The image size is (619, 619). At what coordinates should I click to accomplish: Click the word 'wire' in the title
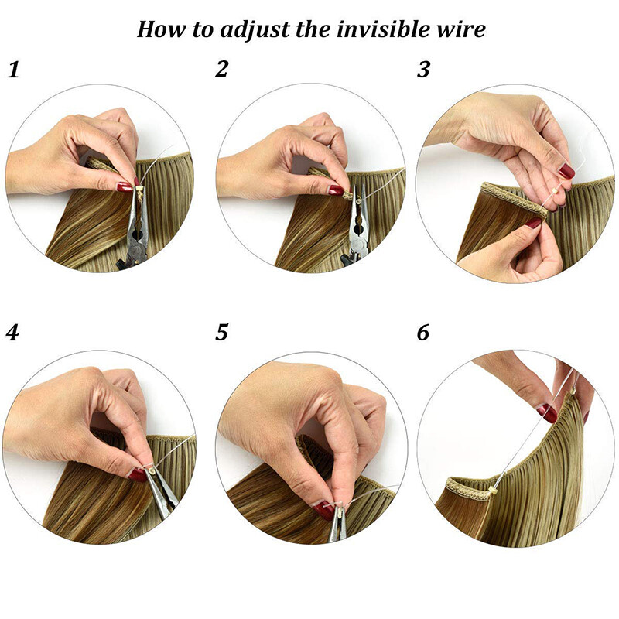pyautogui.click(x=462, y=29)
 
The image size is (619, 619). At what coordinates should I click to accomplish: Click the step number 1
pyautogui.click(x=12, y=70)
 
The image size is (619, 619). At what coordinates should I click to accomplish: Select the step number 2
pyautogui.click(x=222, y=70)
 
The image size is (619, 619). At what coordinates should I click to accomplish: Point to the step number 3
pyautogui.click(x=423, y=70)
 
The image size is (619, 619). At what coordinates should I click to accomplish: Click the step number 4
pyautogui.click(x=12, y=333)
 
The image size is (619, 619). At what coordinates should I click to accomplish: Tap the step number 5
pyautogui.click(x=222, y=333)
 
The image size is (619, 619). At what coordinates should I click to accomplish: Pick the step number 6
pyautogui.click(x=423, y=333)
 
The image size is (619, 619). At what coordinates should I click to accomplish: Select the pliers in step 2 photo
pyautogui.click(x=357, y=232)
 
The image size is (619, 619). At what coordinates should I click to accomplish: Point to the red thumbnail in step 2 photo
pyautogui.click(x=335, y=189)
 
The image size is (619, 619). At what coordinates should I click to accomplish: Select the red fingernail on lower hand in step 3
pyautogui.click(x=534, y=223)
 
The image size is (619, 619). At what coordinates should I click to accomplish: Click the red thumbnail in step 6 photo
pyautogui.click(x=547, y=412)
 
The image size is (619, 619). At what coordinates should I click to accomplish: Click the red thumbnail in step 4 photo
pyautogui.click(x=138, y=474)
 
